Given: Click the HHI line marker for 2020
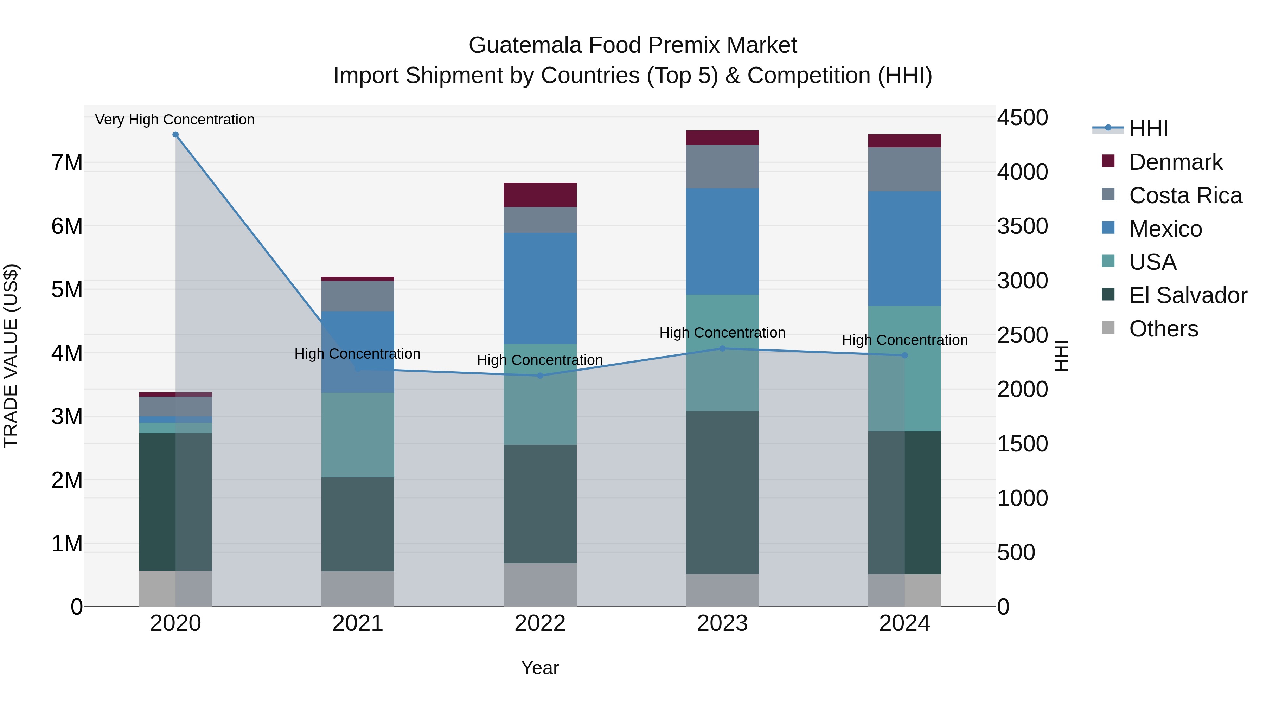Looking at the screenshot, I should tap(175, 135).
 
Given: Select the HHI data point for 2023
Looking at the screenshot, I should tap(722, 348).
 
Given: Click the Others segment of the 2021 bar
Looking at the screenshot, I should tap(357, 588).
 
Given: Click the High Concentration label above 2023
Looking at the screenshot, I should tap(722, 333).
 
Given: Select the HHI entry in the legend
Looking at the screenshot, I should tap(1148, 129).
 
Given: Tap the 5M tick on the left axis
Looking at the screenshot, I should tap(67, 289).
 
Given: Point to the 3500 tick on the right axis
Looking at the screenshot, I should tap(1022, 226).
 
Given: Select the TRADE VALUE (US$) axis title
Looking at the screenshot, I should tap(11, 356).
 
